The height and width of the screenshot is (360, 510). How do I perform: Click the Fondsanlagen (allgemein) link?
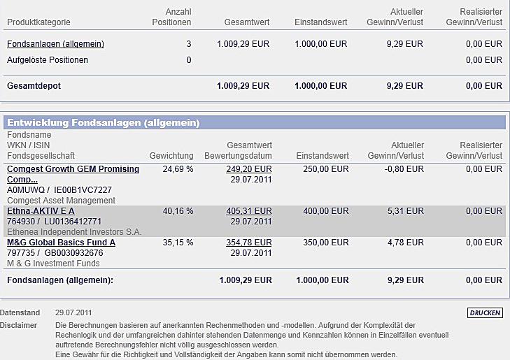pos(55,44)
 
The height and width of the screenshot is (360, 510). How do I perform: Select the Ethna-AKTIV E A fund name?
pos(41,211)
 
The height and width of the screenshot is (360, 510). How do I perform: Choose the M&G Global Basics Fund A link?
pos(61,243)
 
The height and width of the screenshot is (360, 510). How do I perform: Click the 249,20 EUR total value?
pos(248,169)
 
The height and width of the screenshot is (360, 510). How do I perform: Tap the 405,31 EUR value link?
pos(248,211)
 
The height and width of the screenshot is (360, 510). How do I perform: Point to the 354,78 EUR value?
pos(248,243)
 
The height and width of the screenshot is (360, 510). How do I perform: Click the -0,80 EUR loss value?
pos(406,169)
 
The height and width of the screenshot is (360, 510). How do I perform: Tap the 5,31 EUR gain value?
pos(409,211)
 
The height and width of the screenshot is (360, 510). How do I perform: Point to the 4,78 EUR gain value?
pos(409,243)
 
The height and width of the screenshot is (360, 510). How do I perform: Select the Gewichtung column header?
pos(171,155)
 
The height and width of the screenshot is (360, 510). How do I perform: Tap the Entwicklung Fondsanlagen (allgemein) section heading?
pos(104,123)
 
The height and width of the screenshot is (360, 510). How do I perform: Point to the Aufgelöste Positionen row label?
pos(48,60)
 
